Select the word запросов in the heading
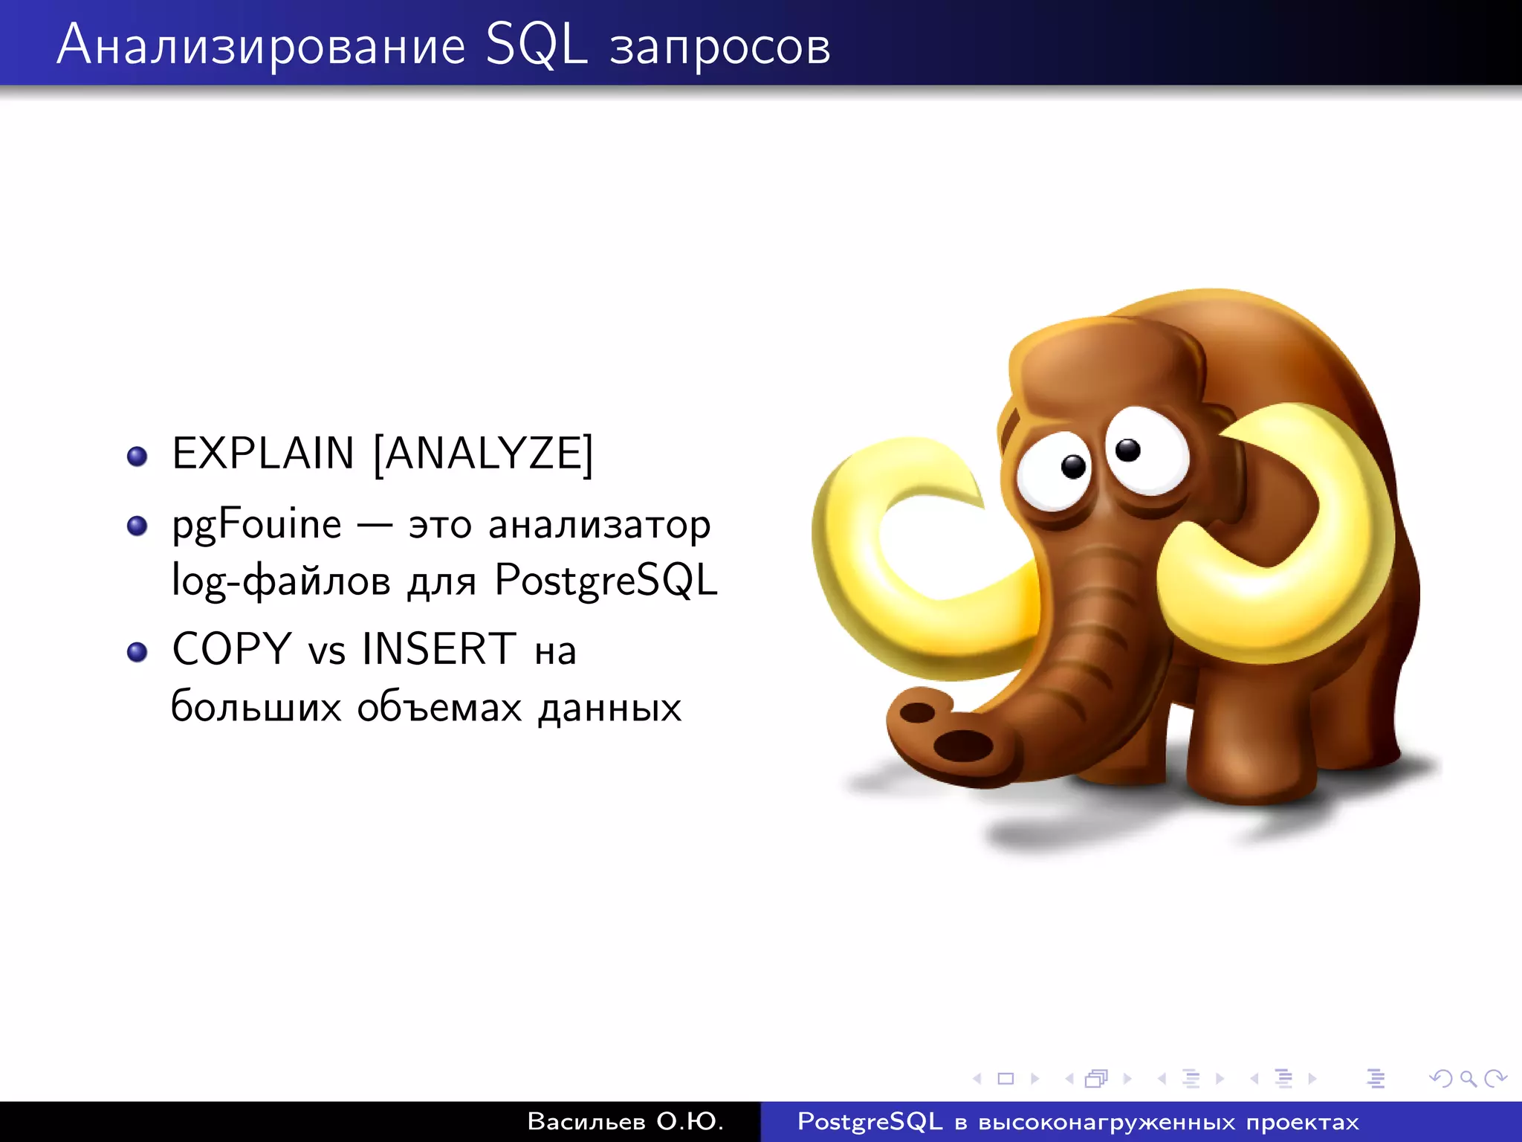719,48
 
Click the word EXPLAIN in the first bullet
263,454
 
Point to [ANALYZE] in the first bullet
483,454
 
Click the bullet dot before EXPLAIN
137,456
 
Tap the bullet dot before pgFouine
137,526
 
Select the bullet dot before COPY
137,652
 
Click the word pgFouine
256,526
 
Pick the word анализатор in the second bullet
599,526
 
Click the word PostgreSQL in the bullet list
606,581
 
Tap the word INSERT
438,649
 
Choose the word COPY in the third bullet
231,649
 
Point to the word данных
609,708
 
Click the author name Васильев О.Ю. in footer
625,1121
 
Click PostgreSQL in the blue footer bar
870,1121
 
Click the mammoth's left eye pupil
1073,466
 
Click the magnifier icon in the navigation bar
1468,1078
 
